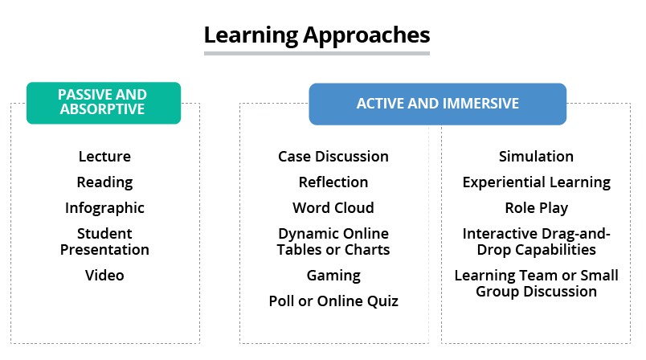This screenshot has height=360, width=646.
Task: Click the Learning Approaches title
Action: pyautogui.click(x=317, y=35)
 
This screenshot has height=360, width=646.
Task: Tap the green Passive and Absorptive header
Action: pyautogui.click(x=104, y=103)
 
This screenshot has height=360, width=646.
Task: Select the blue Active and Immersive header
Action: pyautogui.click(x=438, y=104)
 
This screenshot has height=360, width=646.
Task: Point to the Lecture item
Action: pyautogui.click(x=104, y=157)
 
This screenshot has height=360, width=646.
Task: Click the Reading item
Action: pyautogui.click(x=104, y=182)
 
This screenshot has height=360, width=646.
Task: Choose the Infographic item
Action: pyautogui.click(x=104, y=208)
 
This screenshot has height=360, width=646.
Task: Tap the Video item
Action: pyautogui.click(x=104, y=276)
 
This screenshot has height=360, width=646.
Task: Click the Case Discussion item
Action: pyautogui.click(x=333, y=157)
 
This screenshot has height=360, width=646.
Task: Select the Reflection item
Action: pyautogui.click(x=333, y=182)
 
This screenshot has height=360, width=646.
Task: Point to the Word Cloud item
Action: pyautogui.click(x=333, y=208)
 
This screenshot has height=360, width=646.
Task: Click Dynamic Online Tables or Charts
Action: pyautogui.click(x=333, y=242)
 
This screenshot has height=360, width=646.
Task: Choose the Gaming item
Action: pyautogui.click(x=333, y=276)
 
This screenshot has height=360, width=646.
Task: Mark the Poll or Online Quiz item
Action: pyautogui.click(x=333, y=301)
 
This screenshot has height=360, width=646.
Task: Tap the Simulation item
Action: pyautogui.click(x=536, y=157)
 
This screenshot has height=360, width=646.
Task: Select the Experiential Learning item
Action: pyautogui.click(x=536, y=182)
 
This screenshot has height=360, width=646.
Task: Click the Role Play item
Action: pyautogui.click(x=536, y=208)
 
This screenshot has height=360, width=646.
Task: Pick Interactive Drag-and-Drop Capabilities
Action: pyautogui.click(x=536, y=242)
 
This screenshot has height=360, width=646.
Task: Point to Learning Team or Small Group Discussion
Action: pyautogui.click(x=536, y=284)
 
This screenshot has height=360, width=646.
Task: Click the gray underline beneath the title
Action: pyautogui.click(x=317, y=53)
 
